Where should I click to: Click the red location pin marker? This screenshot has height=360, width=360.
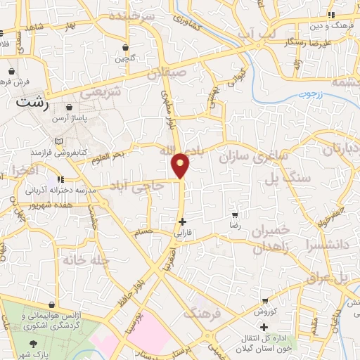tap(181, 165)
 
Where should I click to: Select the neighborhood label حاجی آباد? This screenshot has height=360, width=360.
tap(136, 186)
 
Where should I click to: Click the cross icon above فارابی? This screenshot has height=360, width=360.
tap(182, 221)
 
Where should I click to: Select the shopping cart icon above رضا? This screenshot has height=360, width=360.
tap(234, 215)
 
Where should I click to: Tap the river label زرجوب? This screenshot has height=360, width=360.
tap(309, 94)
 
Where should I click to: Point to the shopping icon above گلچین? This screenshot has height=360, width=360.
tap(125, 48)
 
